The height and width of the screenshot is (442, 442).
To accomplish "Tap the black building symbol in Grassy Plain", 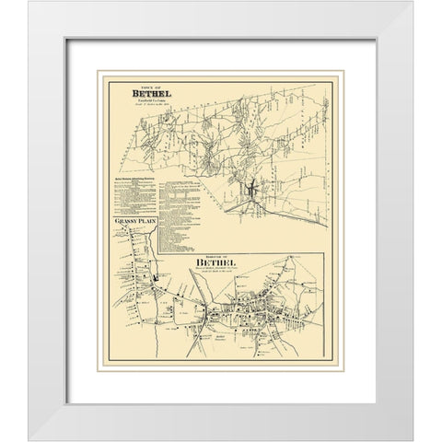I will tap(157, 280).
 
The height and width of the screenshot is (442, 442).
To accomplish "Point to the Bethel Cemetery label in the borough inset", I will tap(222, 339).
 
